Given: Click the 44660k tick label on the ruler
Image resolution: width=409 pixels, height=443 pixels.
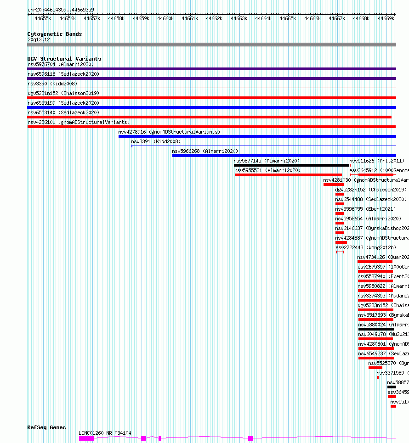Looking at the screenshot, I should point(165,18).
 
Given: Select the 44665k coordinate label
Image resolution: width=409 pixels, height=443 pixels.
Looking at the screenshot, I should point(288,18).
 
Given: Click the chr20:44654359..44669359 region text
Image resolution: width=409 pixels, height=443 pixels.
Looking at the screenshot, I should point(61,10).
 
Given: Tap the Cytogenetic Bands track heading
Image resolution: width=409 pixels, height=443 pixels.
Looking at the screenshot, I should point(54,34).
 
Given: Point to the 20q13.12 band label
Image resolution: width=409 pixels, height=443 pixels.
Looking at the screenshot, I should point(39,39).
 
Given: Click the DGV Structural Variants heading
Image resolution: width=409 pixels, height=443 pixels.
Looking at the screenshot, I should point(64,59).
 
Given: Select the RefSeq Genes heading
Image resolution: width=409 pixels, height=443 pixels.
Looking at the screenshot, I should point(46,427).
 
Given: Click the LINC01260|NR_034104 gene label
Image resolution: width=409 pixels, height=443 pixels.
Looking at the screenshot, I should point(105,433).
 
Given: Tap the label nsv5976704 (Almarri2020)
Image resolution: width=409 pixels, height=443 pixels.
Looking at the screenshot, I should point(61,64).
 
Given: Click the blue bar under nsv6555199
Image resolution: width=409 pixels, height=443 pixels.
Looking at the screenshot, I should point(211,107).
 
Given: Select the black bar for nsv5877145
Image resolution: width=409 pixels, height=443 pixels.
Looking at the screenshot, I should point(291,165).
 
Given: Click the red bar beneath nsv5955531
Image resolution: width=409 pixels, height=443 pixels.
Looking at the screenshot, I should point(288,175).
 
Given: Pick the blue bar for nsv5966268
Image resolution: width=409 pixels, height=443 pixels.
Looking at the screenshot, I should point(284,156).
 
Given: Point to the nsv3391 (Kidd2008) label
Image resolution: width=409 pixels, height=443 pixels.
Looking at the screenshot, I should point(156,141).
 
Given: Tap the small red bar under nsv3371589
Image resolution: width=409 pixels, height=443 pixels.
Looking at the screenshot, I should point(378,377).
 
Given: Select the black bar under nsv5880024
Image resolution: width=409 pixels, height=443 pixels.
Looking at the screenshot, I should point(376,329).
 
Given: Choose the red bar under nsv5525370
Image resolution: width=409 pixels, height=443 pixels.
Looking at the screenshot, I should point(375,368).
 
